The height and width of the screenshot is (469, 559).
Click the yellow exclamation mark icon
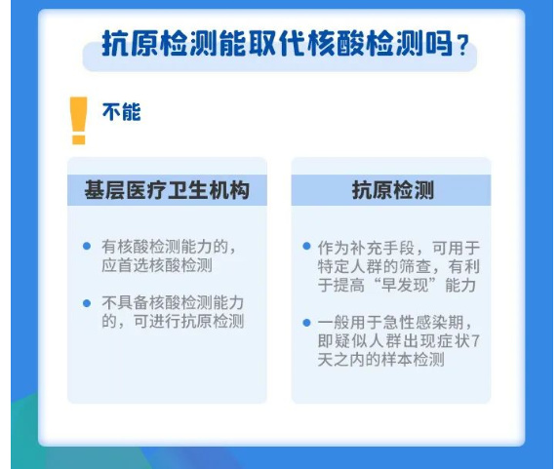point(79,121)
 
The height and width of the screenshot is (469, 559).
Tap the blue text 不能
point(122,112)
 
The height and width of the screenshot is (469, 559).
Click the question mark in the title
point(462,46)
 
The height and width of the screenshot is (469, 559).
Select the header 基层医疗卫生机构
point(167,190)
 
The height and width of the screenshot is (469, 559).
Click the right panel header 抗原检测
point(392,190)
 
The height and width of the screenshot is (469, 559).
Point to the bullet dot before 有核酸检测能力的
point(87,246)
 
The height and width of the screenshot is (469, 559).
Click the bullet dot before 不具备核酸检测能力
point(87,303)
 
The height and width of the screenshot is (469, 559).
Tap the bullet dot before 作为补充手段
point(306,246)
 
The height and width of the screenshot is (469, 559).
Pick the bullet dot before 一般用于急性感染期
point(306,323)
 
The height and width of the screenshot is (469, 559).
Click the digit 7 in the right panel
point(475,341)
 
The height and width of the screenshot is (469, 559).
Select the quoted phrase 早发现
point(405,285)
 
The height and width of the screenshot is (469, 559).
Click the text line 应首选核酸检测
point(157,265)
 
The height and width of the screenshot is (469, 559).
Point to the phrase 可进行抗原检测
point(188,322)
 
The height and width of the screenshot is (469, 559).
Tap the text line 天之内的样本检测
point(381,360)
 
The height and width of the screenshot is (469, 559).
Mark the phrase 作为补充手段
point(366,248)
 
